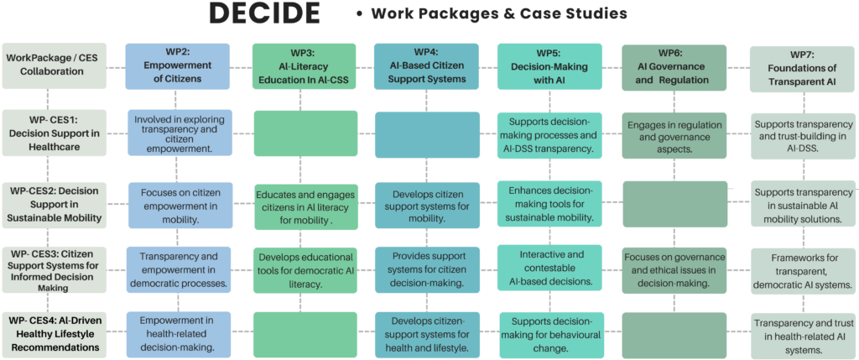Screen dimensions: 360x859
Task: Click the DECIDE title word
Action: point(264,14)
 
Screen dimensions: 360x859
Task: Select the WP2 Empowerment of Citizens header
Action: point(179,65)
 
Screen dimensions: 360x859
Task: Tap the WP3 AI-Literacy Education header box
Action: point(304,65)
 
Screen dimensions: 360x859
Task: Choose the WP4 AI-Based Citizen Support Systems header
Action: point(426,65)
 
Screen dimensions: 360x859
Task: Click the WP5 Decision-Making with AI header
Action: point(550,65)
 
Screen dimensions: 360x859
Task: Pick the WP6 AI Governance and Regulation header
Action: point(674,65)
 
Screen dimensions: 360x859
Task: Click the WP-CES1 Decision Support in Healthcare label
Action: point(54,133)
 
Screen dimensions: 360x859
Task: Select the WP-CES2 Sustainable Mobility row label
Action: point(54,205)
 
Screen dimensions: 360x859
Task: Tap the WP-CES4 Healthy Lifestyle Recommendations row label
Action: point(54,334)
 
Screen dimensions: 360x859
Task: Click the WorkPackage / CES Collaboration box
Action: point(54,65)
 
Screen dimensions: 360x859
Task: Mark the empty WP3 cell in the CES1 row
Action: point(304,133)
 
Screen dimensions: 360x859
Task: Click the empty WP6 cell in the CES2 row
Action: point(674,205)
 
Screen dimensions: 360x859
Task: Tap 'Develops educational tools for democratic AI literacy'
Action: point(304,269)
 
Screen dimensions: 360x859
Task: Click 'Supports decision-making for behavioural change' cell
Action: point(550,334)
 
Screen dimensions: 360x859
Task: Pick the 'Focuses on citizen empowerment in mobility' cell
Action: point(179,205)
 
